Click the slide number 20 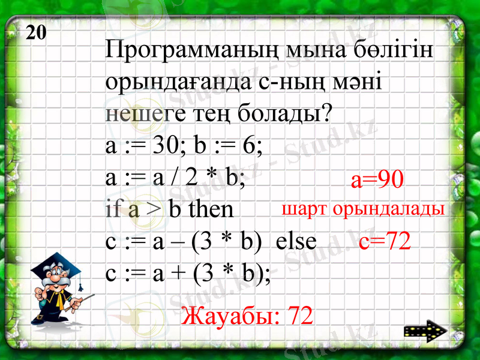[37, 32]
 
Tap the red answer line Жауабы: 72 [247, 315]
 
